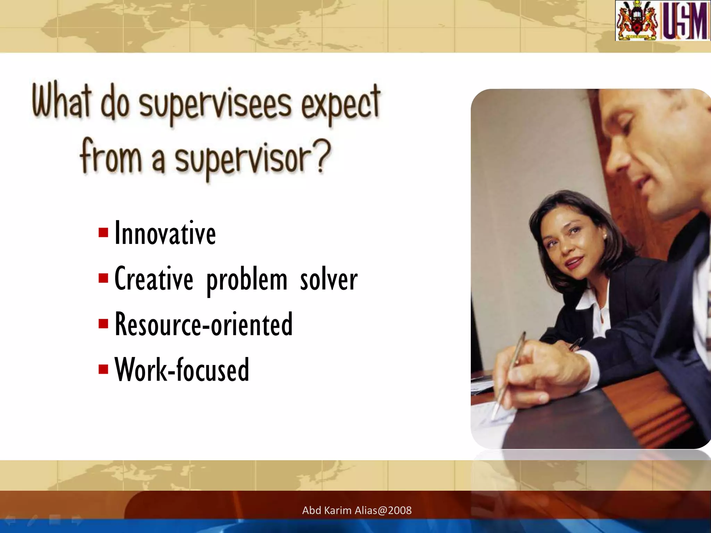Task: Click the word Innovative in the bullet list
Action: click(165, 234)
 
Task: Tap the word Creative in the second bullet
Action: click(153, 279)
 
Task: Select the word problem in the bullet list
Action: click(247, 280)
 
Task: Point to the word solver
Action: click(328, 280)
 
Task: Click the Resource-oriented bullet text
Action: click(204, 324)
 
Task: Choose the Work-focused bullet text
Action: click(182, 370)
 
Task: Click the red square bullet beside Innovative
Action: click(103, 232)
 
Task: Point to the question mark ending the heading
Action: click(323, 156)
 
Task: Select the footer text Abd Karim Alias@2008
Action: click(357, 510)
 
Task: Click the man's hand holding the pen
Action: click(542, 368)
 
